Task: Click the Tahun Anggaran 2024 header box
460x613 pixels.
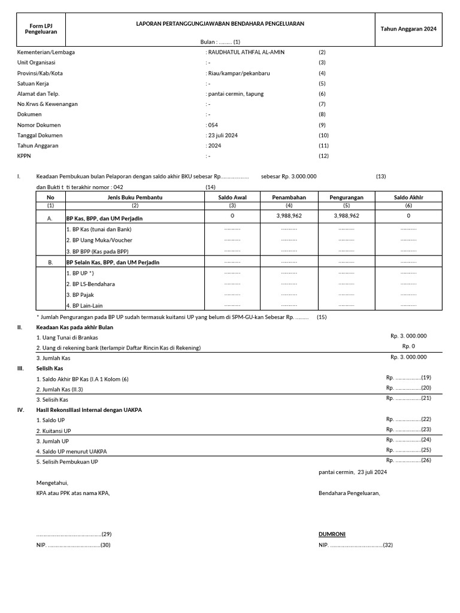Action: pyautogui.click(x=410, y=29)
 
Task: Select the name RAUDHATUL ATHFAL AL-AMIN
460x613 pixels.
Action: pyautogui.click(x=246, y=52)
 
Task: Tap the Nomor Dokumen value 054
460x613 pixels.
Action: pyautogui.click(x=213, y=125)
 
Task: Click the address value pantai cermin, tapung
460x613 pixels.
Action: pyautogui.click(x=235, y=94)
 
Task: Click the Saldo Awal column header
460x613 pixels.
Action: pyautogui.click(x=232, y=197)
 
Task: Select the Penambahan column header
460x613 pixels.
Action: pyautogui.click(x=289, y=197)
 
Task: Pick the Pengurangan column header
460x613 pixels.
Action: pyautogui.click(x=346, y=197)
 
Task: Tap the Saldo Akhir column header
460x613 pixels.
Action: pyautogui.click(x=408, y=197)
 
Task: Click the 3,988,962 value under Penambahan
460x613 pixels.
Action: pyautogui.click(x=289, y=216)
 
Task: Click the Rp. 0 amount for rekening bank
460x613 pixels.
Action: pyautogui.click(x=408, y=347)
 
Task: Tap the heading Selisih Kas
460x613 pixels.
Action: pyautogui.click(x=49, y=368)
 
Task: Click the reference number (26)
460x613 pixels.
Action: pyautogui.click(x=426, y=460)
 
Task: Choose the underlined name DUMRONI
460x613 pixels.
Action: pyautogui.click(x=332, y=534)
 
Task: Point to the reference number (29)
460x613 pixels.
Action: pyautogui.click(x=107, y=534)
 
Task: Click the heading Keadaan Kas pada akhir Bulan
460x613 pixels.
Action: pyautogui.click(x=74, y=327)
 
